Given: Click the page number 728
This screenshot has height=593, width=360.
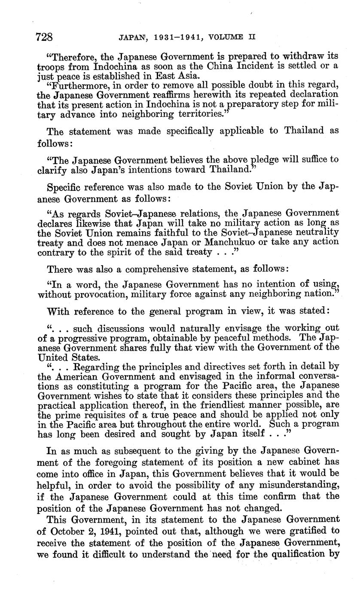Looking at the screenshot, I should tap(45, 37).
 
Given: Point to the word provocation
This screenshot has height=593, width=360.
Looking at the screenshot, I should tap(101, 294).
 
